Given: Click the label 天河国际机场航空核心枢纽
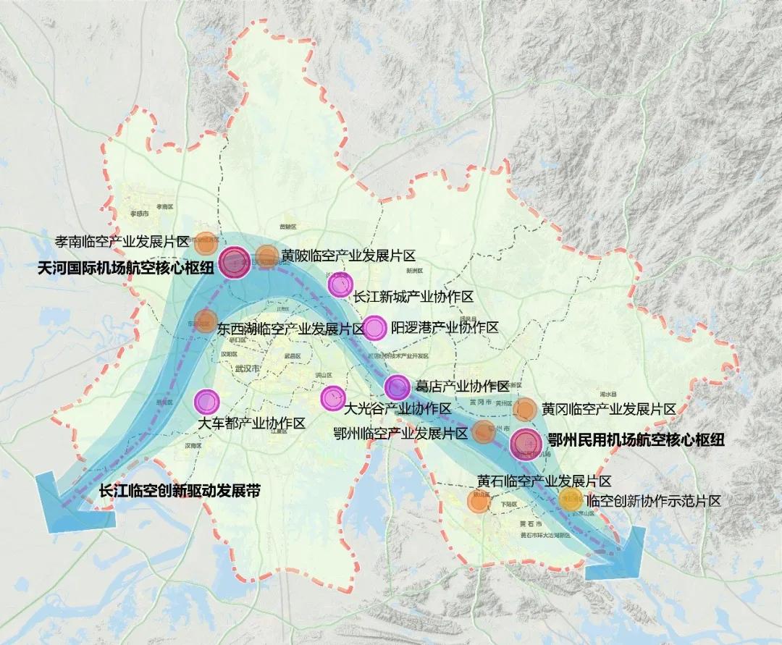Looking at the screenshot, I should pos(125,268).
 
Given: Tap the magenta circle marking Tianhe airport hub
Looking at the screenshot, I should pos(235,263).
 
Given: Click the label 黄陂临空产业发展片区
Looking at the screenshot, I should pos(348,255).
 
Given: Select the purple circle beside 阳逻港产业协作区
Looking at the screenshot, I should pos(374,329).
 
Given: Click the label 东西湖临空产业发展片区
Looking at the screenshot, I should pos(290,329).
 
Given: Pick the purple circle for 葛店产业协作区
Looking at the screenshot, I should pos(398,387).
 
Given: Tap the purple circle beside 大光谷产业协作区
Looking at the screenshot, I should pos(332,396).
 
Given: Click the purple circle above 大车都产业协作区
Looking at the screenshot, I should pos(206,400).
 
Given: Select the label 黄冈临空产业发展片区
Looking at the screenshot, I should pos(608,410).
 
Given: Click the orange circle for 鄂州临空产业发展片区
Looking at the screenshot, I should pos(483,432).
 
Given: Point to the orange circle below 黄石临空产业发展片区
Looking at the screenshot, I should pos(477,502).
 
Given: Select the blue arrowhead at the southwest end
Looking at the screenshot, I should pos(72,507).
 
